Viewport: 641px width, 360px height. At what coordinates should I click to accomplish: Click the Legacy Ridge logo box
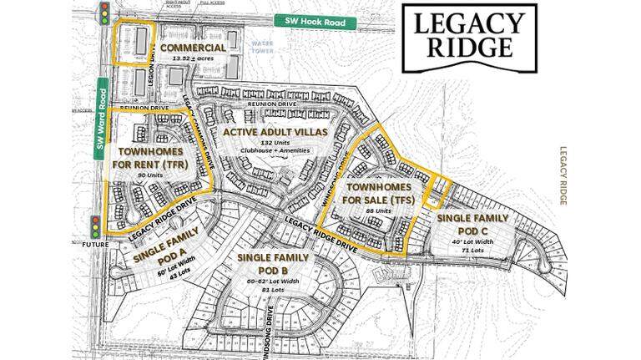468,36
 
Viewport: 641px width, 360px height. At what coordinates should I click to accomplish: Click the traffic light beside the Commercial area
104,13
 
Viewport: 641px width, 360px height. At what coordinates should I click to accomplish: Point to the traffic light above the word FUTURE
95,226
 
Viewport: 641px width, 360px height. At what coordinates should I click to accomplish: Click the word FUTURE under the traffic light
95,245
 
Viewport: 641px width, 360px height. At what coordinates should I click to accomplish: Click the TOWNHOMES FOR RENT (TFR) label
151,159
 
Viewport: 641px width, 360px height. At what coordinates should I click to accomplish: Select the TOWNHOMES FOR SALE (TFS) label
375,194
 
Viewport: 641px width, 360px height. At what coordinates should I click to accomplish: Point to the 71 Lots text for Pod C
472,250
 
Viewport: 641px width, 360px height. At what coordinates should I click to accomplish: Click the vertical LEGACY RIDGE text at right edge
564,176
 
